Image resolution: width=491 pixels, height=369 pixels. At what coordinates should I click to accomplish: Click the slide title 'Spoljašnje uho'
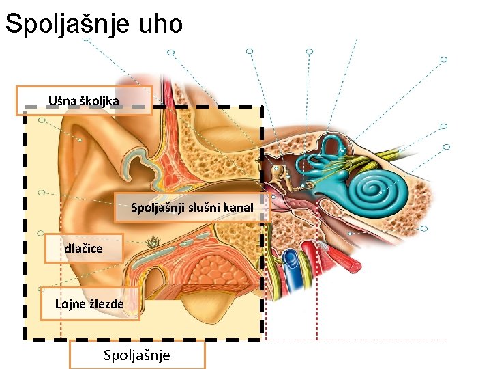[x=93, y=24]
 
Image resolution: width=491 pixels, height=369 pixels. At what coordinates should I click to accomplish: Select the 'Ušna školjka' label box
[x=83, y=101]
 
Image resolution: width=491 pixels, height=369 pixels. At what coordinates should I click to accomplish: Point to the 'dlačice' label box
[x=84, y=248]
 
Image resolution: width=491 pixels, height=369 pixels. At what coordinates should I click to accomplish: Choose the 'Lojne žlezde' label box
[x=90, y=303]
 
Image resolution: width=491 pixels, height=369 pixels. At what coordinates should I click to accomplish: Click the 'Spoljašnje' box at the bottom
[x=137, y=355]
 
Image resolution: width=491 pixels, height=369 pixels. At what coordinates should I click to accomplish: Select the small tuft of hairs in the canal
[x=153, y=241]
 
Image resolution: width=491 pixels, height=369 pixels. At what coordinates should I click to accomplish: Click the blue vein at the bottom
[x=293, y=262]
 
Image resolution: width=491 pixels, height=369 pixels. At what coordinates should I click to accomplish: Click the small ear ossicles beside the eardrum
[x=278, y=174]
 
